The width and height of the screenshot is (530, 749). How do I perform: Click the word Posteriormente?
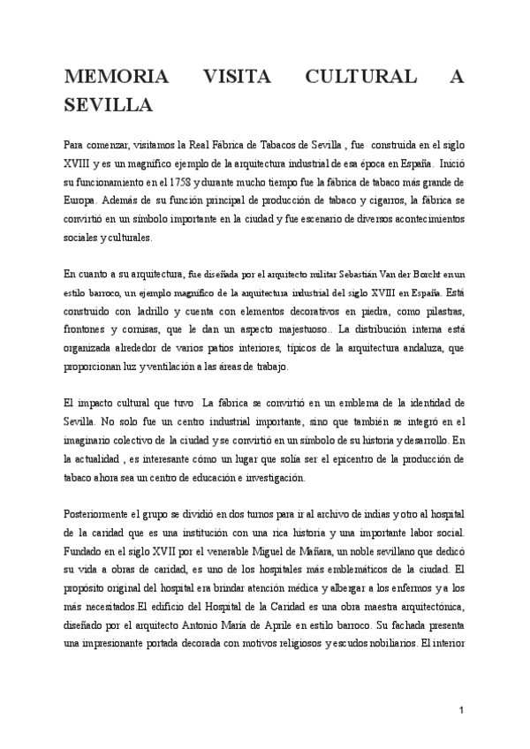click(100, 514)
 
